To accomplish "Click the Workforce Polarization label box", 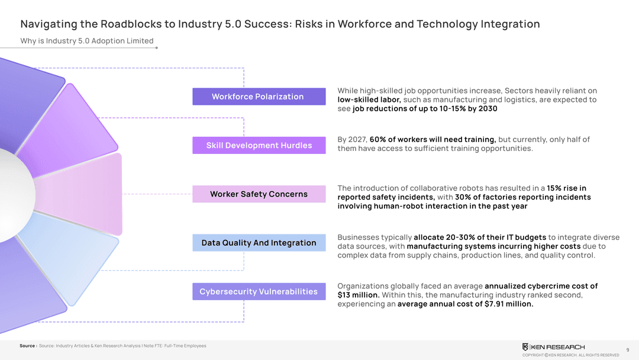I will (259, 97).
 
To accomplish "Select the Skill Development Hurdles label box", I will (259, 145).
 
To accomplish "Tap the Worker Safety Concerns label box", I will (259, 194).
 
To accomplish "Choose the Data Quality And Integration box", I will (259, 243).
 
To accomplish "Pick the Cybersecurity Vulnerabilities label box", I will (259, 291).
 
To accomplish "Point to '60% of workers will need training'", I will (433, 139).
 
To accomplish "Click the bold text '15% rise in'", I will (566, 188).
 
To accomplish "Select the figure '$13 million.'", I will (359, 295).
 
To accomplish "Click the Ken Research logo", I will (553, 346).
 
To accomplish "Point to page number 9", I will (627, 349).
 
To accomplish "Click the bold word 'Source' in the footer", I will (27, 346).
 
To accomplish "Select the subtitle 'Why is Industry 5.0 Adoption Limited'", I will (87, 41).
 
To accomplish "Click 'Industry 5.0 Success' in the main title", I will (227, 24).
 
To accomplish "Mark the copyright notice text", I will (570, 355).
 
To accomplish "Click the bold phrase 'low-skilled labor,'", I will (369, 99).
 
